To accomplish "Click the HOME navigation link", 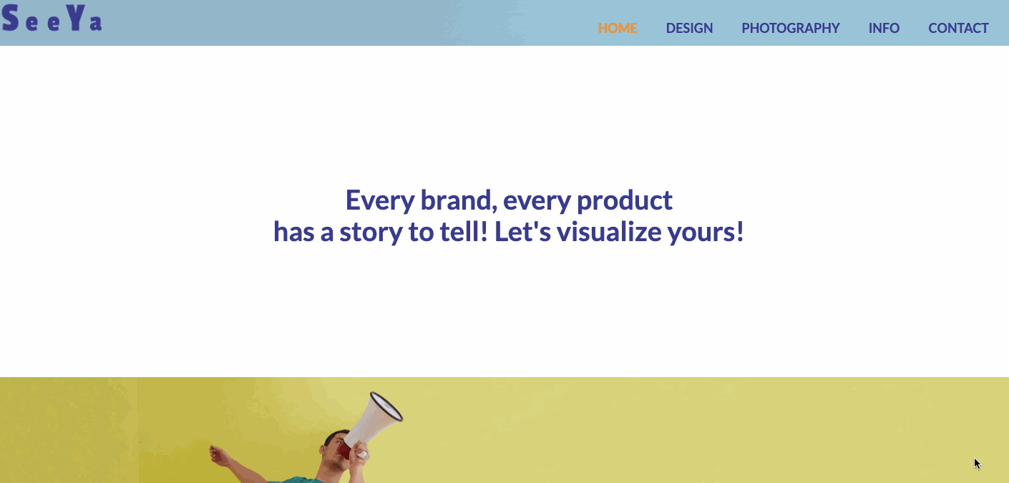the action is point(617,28).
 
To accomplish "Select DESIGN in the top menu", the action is point(689,28).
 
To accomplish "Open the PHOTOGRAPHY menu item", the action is point(791,28).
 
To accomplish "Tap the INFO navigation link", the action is point(884,28).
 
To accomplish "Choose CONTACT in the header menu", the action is point(958,28).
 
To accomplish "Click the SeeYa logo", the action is point(52,18).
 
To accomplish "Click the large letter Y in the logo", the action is point(76,18).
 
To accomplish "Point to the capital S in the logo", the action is point(10,18).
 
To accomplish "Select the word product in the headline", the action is point(625,201).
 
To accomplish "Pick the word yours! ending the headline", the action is point(706,233).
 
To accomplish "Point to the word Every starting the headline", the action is point(380,201).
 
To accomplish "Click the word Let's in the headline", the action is point(522,232).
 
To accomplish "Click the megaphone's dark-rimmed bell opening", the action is point(386,406).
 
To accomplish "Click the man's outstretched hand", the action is point(219,456).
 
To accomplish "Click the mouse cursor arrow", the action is point(977,463).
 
